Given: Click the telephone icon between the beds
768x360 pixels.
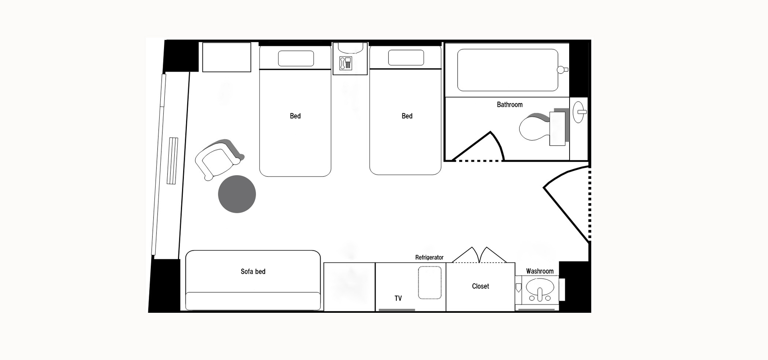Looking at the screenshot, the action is [x=345, y=63].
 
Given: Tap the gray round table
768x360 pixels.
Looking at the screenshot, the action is [x=237, y=194].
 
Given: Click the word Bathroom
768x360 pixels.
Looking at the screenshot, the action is [x=510, y=104].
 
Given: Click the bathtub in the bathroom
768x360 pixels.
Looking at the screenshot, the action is [x=508, y=70].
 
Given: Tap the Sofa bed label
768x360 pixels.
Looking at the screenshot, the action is [x=253, y=272].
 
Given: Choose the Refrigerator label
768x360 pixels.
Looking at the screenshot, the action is [x=429, y=258].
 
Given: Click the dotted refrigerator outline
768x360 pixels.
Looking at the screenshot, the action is [x=430, y=282].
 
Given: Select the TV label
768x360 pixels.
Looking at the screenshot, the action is [x=398, y=298].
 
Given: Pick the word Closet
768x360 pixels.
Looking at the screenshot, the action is [x=480, y=286].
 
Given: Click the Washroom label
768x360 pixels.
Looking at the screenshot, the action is [x=540, y=271].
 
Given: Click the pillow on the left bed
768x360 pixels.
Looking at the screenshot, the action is [x=296, y=58].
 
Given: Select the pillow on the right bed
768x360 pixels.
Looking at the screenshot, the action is [x=406, y=58].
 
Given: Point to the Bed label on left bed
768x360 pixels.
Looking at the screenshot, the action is [x=295, y=116].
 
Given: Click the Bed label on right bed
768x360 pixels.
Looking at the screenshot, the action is [x=407, y=116].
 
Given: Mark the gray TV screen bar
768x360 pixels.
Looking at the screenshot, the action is [x=397, y=310].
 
